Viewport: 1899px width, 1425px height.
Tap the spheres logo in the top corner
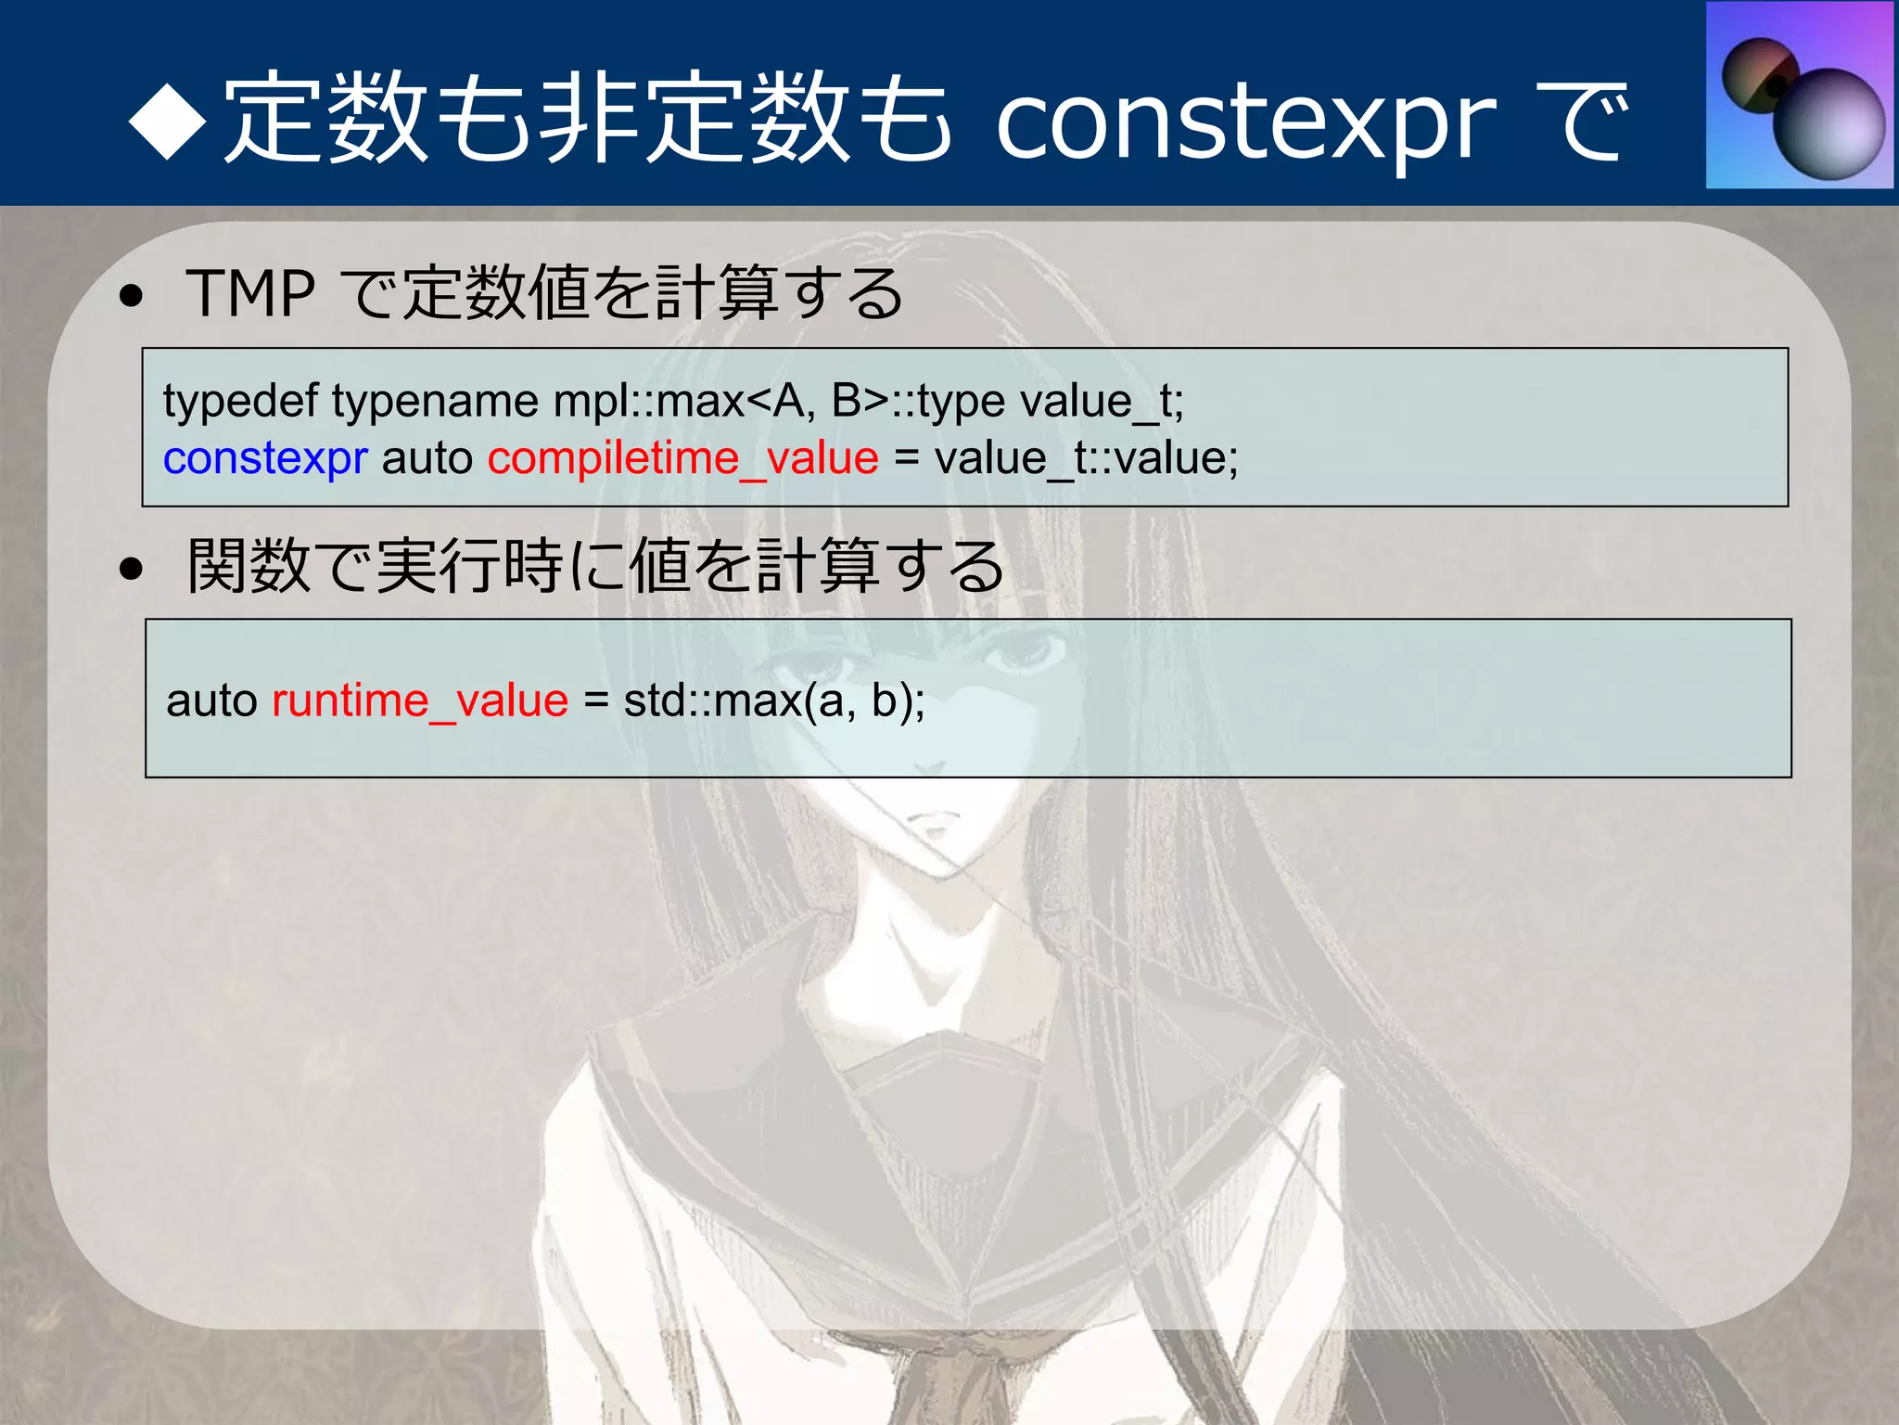click(x=1800, y=96)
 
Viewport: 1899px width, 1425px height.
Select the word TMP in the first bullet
click(x=250, y=294)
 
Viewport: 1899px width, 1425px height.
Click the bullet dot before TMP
click(x=132, y=296)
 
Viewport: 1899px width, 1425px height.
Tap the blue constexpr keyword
click(x=265, y=458)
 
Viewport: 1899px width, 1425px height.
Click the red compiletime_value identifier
click(x=683, y=458)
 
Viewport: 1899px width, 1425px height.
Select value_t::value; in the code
click(x=1086, y=458)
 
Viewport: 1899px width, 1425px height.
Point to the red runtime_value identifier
click(x=420, y=700)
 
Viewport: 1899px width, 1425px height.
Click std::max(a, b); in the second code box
click(x=774, y=700)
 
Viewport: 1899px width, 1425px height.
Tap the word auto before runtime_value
click(x=211, y=700)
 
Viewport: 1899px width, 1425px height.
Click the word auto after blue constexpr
click(x=427, y=458)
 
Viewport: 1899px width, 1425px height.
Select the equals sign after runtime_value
click(x=596, y=701)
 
